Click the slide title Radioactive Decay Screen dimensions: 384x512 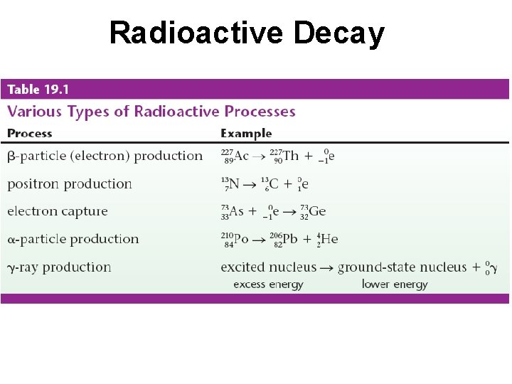(247, 33)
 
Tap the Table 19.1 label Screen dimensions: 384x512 (38, 90)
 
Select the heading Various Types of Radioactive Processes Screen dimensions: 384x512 (151, 112)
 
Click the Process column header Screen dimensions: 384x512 (30, 133)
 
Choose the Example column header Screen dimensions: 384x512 (246, 133)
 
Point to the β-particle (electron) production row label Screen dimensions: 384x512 (105, 156)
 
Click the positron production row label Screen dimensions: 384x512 (70, 183)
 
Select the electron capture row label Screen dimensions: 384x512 (58, 211)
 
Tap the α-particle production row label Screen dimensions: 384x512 (73, 239)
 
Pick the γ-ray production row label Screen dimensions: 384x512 (60, 267)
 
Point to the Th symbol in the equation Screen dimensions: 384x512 (291, 156)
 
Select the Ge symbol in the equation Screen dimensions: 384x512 (318, 211)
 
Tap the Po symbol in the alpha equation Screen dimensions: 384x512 (241, 239)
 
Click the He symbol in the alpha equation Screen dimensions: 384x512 (329, 239)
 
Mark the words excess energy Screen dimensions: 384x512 (268, 284)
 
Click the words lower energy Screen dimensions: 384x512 (395, 284)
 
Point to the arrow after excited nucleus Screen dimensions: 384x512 (327, 268)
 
